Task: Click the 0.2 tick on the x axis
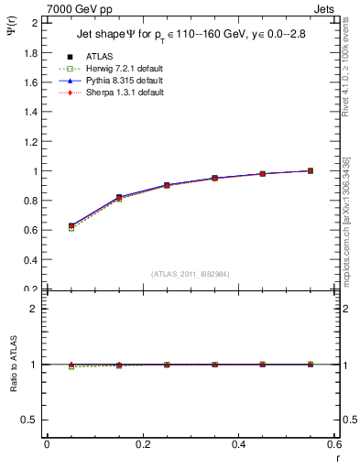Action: [x=142, y=444]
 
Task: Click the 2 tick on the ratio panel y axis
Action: [x=37, y=309]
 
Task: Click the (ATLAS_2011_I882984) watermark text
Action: [x=190, y=273]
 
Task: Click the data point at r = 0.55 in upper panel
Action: [x=311, y=170]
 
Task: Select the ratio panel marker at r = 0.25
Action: [x=167, y=365]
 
